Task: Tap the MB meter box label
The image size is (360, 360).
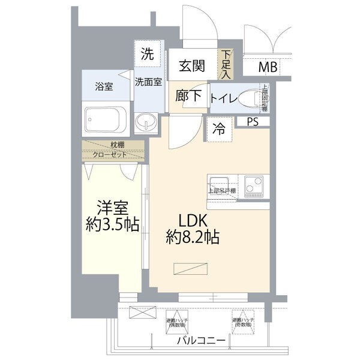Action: (x=268, y=67)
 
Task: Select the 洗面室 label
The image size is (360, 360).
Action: (x=148, y=82)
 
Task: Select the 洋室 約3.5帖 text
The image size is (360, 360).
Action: (x=112, y=217)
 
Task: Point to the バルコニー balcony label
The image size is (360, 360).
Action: (x=202, y=341)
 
